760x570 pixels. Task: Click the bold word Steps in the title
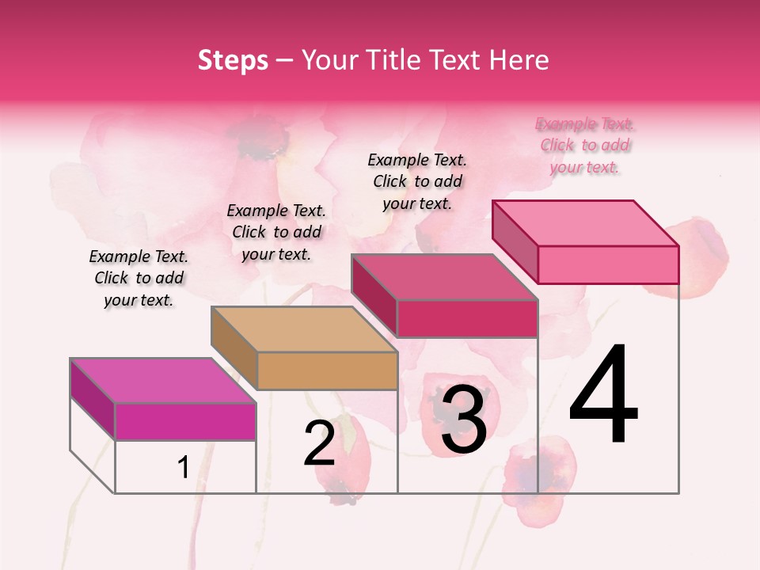[x=233, y=60]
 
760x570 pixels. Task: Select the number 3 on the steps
[x=463, y=420]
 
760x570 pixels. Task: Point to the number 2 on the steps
[x=320, y=443]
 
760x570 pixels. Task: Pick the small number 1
[x=183, y=467]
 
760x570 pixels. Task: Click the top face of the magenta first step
[x=162, y=381]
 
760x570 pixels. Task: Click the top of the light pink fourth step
[x=585, y=223]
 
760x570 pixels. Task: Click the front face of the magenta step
[x=185, y=421]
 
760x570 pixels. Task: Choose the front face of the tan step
[x=327, y=370]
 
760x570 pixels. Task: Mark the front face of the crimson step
[x=467, y=318]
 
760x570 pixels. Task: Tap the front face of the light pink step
[x=608, y=264]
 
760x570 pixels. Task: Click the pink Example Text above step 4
[x=585, y=146]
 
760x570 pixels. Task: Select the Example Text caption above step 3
[x=417, y=181]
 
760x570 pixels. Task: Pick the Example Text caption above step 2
[x=276, y=232]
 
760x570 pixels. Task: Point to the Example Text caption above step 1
[x=139, y=278]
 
